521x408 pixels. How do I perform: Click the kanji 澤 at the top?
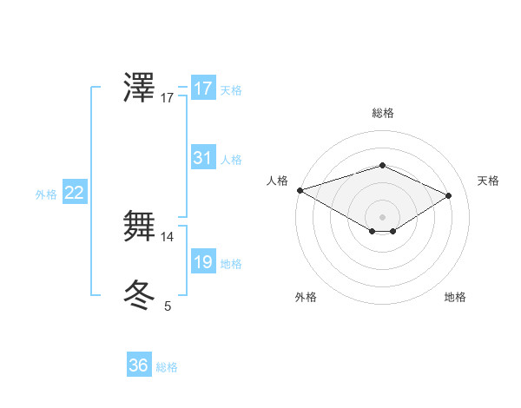(x=140, y=89)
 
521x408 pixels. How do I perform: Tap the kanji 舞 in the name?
(x=140, y=226)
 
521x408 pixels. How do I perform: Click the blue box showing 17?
(x=202, y=89)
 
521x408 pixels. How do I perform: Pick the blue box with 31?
(x=202, y=158)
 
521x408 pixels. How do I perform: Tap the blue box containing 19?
(x=202, y=262)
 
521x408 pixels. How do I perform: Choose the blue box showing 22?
(x=74, y=194)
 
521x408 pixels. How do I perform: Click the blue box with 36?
(x=138, y=365)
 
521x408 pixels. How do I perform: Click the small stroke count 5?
(x=168, y=306)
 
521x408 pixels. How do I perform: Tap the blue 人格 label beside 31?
(x=231, y=160)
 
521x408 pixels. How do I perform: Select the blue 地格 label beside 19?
(x=231, y=264)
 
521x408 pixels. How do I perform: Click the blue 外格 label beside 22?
(x=46, y=194)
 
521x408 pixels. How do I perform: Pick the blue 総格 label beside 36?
(x=167, y=367)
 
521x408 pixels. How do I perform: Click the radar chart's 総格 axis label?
(x=382, y=113)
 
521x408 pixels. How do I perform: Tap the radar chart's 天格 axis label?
(x=489, y=181)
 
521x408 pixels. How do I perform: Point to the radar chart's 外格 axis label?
(x=306, y=297)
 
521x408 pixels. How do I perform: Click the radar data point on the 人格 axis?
(x=300, y=189)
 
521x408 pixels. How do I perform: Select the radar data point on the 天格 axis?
(x=449, y=194)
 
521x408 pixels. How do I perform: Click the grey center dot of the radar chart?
(x=382, y=215)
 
